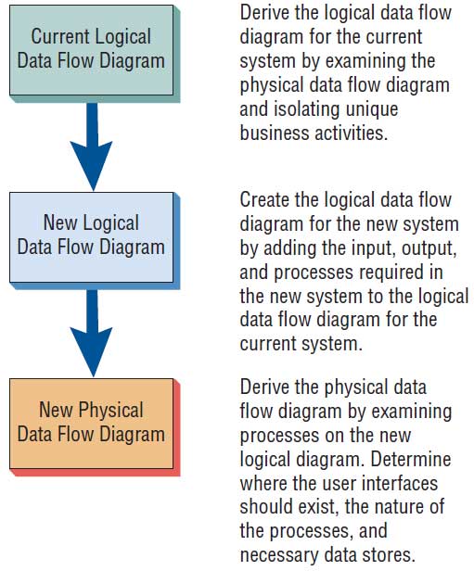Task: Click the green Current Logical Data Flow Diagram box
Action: [x=91, y=50]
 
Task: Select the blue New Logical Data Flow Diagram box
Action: [x=91, y=237]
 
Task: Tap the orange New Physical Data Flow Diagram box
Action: [x=91, y=424]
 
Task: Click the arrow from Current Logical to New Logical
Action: [x=92, y=146]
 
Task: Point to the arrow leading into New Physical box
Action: [x=92, y=333]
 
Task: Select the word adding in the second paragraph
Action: [x=288, y=249]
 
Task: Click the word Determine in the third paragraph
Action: [x=411, y=459]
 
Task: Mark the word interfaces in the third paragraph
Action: [x=400, y=483]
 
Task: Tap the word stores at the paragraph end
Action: [x=389, y=555]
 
